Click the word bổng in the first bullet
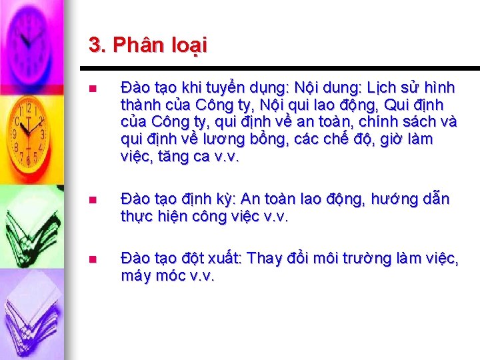point(249,139)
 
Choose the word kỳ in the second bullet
point(222,199)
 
